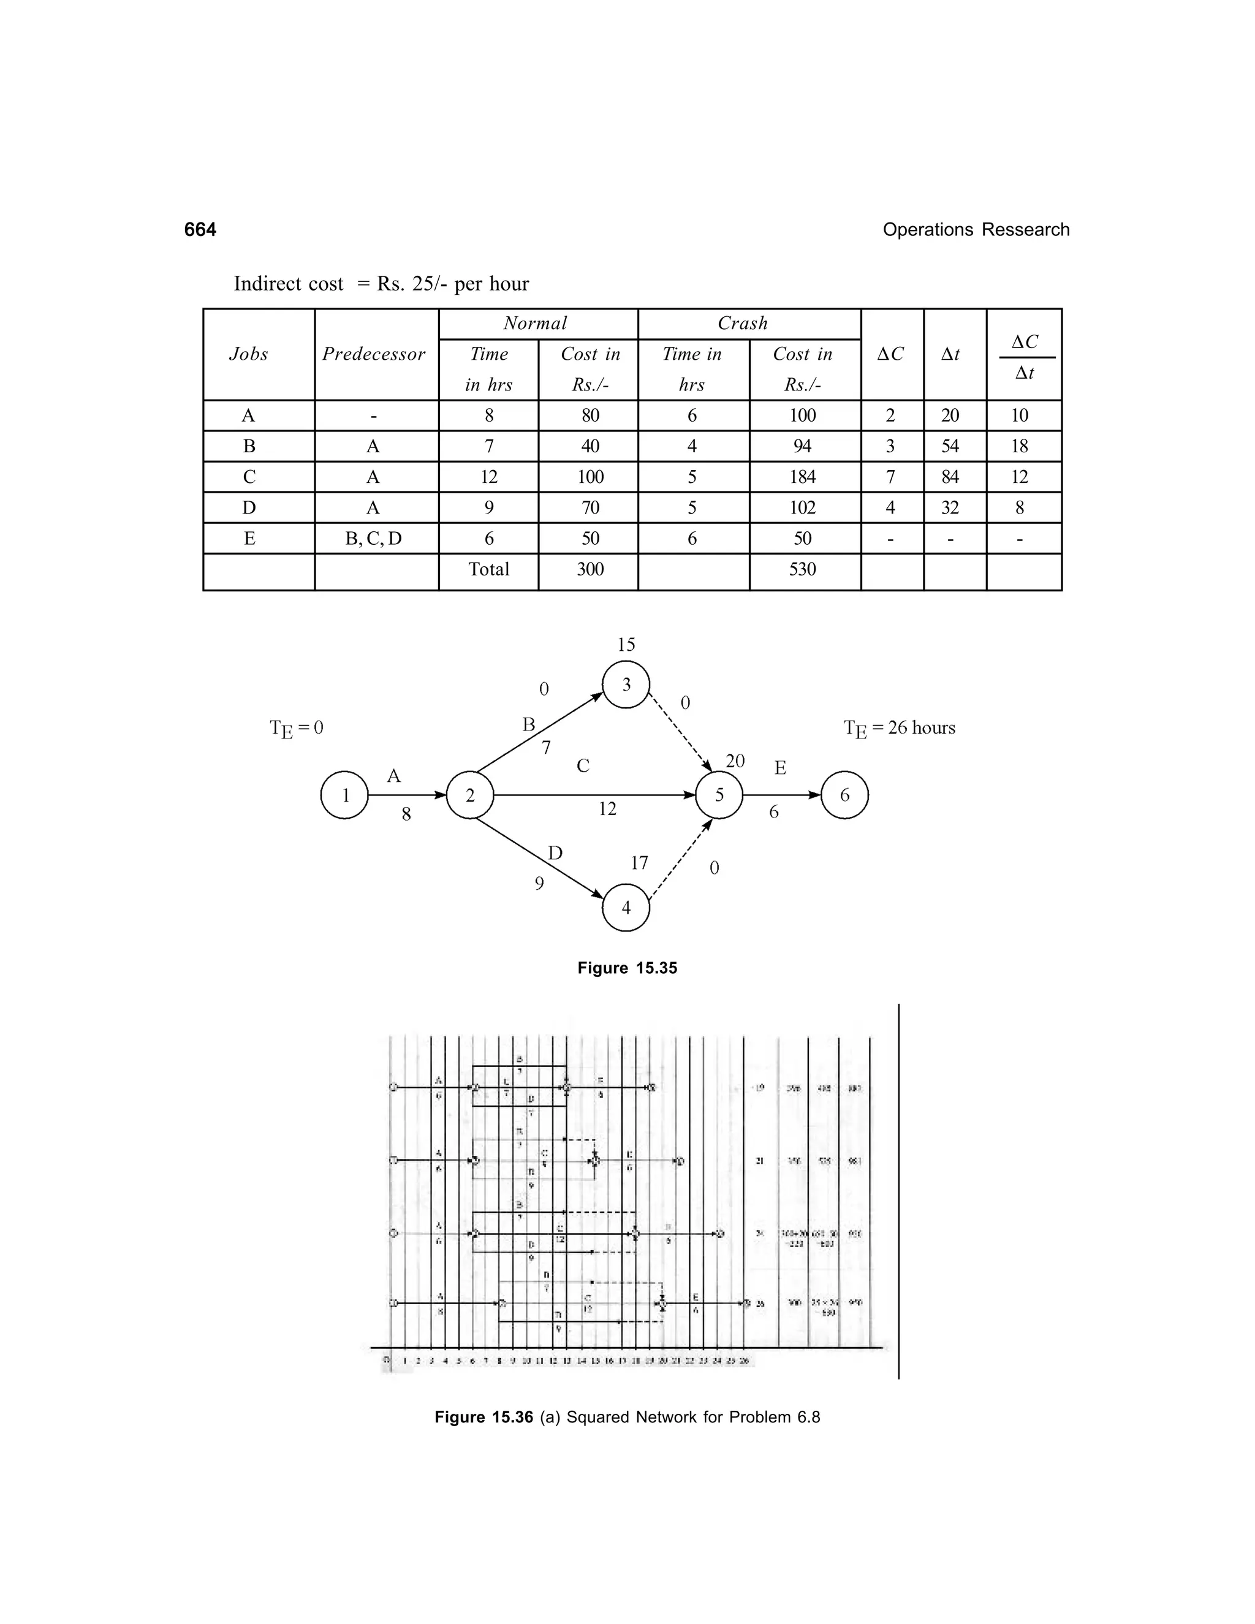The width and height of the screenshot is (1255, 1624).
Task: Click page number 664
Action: click(200, 230)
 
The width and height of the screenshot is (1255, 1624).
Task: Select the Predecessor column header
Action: click(373, 354)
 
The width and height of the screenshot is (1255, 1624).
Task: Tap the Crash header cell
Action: click(742, 324)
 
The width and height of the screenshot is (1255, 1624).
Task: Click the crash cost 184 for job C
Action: click(802, 477)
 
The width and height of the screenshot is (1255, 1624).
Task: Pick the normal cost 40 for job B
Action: click(590, 446)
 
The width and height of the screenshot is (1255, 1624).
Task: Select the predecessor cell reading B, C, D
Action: click(373, 538)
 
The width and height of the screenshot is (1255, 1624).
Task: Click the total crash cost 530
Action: click(802, 569)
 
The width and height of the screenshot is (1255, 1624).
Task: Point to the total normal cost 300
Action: click(590, 569)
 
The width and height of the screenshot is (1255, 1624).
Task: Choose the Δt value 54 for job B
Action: click(950, 446)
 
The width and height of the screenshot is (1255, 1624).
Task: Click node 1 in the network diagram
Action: click(344, 795)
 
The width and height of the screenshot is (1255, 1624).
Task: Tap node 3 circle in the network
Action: click(626, 685)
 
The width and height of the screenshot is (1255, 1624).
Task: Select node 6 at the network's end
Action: click(844, 795)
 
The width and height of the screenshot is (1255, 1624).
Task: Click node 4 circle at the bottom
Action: click(626, 908)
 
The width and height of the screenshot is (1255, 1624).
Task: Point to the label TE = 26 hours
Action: click(900, 728)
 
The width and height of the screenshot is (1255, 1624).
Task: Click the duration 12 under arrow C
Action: click(607, 809)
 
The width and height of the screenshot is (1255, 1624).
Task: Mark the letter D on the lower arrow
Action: click(555, 853)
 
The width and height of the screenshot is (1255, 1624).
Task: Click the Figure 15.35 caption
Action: click(627, 968)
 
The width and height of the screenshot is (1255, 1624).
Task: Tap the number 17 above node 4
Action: click(639, 863)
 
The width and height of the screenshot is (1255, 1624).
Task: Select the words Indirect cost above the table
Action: click(289, 284)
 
